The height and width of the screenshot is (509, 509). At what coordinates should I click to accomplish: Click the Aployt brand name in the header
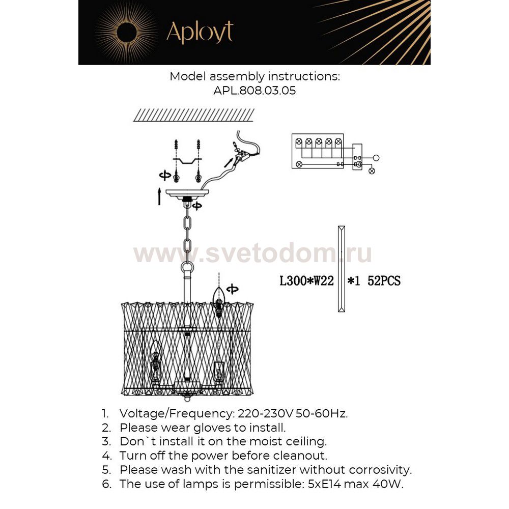pos(200,32)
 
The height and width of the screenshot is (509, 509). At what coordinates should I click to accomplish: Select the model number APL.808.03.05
pos(254,91)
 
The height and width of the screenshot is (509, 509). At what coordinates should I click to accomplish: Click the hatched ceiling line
pos(194,115)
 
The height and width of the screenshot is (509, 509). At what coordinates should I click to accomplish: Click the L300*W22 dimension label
pos(307,281)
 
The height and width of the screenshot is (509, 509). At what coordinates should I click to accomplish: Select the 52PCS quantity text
pos(384,281)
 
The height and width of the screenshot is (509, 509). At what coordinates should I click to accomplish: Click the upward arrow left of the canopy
pos(160,196)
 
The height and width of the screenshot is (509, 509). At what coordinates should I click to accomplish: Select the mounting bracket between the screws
pos(186,161)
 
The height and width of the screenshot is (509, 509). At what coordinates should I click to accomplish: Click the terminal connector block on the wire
pos(241,153)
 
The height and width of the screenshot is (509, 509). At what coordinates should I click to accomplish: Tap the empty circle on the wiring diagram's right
pos(377,158)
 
